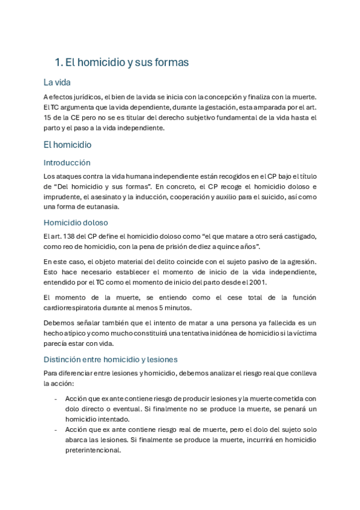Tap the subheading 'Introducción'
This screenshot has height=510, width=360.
coord(67,162)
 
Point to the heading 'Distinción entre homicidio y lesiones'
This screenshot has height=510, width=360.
coord(110,360)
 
